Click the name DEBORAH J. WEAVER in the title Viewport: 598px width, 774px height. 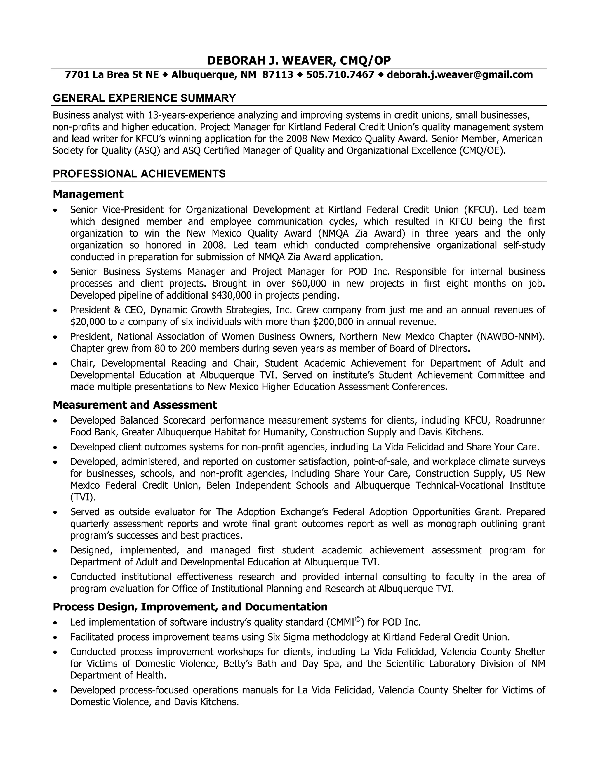[270, 60]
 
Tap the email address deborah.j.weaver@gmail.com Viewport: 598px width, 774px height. [460, 75]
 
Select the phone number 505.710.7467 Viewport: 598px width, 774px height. [340, 75]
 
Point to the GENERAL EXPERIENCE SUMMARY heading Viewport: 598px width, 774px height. [144, 98]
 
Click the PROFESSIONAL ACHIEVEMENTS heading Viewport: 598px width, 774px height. [139, 174]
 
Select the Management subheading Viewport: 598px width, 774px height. [88, 194]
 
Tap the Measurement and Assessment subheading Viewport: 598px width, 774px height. [135, 405]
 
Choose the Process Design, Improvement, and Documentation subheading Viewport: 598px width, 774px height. [190, 606]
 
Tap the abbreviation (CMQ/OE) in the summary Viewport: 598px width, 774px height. [482, 151]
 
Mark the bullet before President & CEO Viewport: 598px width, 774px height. [55, 310]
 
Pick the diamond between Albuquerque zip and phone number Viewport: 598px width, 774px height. [300, 75]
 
